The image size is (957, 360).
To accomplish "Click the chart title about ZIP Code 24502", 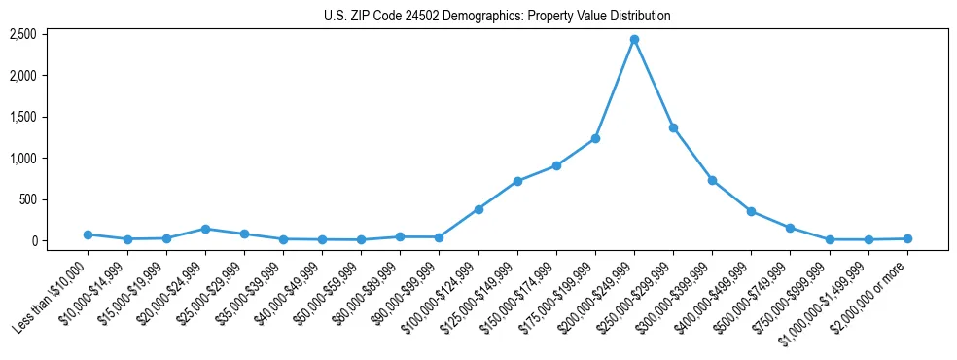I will pyautogui.click(x=497, y=16).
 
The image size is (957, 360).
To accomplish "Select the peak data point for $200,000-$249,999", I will pyautogui.click(x=634, y=40).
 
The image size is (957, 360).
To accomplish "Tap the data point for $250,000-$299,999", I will pyautogui.click(x=673, y=127).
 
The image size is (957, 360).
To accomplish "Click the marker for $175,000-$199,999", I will pyautogui.click(x=595, y=138).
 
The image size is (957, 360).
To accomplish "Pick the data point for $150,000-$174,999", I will pyautogui.click(x=556, y=165).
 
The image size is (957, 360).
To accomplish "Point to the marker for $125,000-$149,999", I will pyautogui.click(x=517, y=181).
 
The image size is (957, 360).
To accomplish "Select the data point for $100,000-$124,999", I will pyautogui.click(x=478, y=209).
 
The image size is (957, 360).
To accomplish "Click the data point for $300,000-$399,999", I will pyautogui.click(x=712, y=180).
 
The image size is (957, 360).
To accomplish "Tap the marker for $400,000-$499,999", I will pyautogui.click(x=751, y=211).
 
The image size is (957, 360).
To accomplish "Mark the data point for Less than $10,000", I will pyautogui.click(x=89, y=234).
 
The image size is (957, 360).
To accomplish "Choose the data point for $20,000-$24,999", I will pyautogui.click(x=205, y=229).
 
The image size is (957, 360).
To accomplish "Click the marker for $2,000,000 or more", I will pyautogui.click(x=907, y=238).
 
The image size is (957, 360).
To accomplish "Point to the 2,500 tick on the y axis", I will pyautogui.click(x=22, y=34).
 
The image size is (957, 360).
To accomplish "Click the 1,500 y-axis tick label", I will pyautogui.click(x=22, y=117).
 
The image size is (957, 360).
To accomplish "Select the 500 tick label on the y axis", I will pyautogui.click(x=27, y=199).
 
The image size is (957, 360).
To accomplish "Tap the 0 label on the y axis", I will pyautogui.click(x=33, y=240).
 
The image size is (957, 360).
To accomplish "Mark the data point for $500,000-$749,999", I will pyautogui.click(x=790, y=228).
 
